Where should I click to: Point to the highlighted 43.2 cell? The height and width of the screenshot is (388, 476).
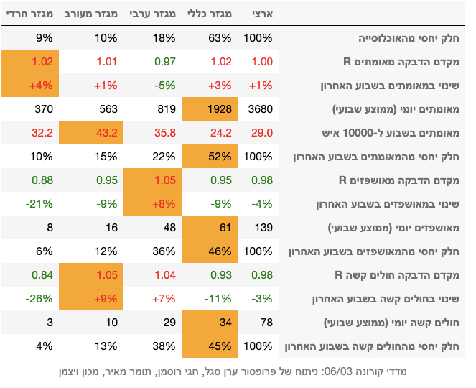click(88, 133)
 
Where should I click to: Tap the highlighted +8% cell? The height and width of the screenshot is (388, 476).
click(151, 204)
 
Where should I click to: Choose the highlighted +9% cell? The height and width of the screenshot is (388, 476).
click(88, 299)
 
